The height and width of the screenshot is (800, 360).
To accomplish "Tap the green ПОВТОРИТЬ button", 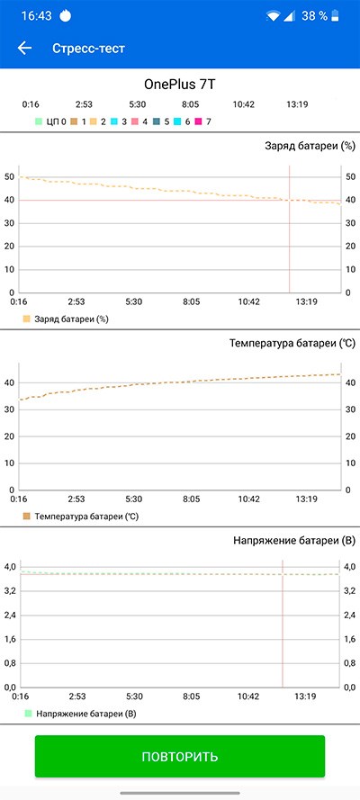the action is coord(179,756).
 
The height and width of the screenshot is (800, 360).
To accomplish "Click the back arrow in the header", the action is coord(24,48).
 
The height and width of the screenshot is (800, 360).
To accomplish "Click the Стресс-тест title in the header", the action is coord(88,49).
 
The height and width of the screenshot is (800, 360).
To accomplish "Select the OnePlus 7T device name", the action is coord(179,85).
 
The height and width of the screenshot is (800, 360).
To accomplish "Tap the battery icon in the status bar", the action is coord(335,16).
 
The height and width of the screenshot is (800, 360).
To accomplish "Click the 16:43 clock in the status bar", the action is coord(37,16).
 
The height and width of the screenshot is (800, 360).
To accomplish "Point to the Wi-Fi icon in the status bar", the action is coord(273,16).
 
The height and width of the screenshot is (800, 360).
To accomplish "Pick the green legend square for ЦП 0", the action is coord(38,122).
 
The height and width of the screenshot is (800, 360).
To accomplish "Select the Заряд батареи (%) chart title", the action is coord(310,146).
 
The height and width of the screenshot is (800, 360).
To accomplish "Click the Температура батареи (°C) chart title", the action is coord(292,344).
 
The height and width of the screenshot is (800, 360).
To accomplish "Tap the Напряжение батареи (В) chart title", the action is coord(294,540).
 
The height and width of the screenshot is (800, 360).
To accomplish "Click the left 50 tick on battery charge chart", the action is coord(9,177).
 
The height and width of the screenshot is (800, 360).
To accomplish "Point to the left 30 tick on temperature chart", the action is coord(9,409).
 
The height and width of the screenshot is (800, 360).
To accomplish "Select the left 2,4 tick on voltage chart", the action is coord(10,615).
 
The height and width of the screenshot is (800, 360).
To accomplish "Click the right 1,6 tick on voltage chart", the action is coord(351,639).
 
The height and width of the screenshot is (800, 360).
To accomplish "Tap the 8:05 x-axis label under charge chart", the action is coord(191,301).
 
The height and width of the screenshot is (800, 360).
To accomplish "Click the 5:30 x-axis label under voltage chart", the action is coord(133,696).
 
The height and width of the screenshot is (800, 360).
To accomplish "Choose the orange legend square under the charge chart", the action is coord(27,319).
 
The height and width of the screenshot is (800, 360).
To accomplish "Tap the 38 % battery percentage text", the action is coord(314,16).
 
